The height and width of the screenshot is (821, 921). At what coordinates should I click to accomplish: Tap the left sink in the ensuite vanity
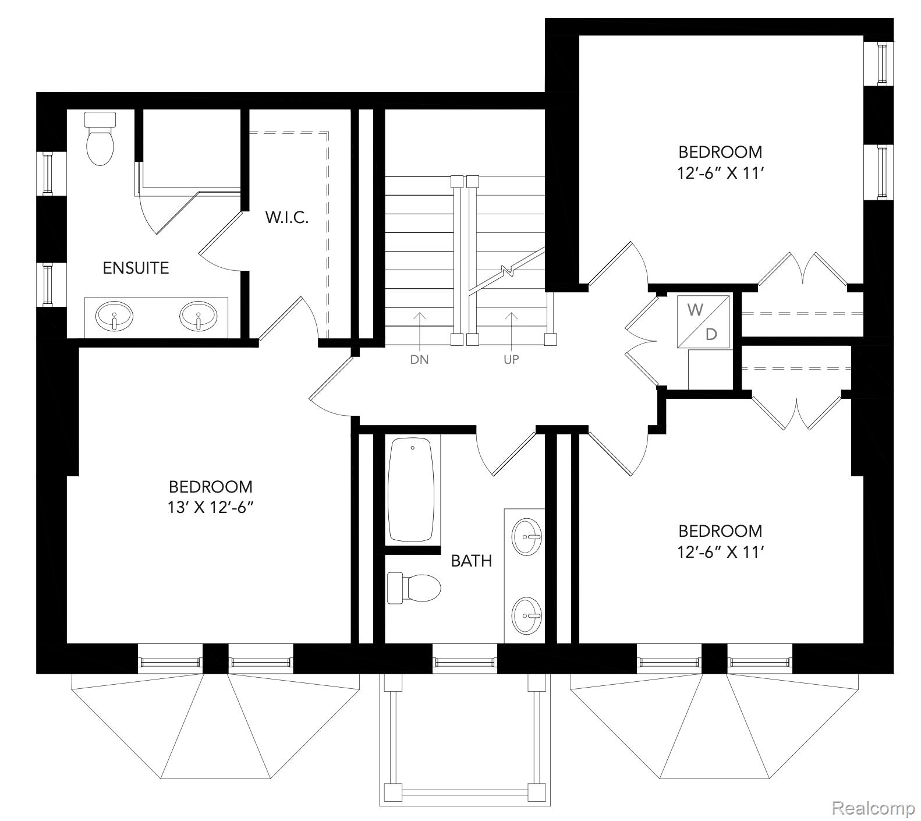114,317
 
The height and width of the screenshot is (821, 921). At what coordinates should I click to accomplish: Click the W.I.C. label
286,218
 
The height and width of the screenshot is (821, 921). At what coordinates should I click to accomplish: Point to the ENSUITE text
136,268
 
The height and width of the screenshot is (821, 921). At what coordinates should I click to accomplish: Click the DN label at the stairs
419,360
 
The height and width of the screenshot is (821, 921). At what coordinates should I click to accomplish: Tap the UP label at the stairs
511,360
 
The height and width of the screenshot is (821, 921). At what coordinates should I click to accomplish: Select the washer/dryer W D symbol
704,322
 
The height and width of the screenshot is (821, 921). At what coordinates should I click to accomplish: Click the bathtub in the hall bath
412,490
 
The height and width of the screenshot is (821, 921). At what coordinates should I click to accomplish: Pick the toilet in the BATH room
414,588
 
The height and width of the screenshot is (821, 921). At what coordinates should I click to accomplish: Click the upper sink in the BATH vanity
527,536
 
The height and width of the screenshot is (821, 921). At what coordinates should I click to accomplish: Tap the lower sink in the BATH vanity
527,615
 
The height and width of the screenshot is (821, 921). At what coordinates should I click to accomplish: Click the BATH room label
472,561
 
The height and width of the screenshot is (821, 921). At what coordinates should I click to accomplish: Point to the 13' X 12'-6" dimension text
211,508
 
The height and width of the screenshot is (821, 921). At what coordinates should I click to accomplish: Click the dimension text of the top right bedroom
720,173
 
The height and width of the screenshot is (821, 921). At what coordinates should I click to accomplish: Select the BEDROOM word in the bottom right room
720,530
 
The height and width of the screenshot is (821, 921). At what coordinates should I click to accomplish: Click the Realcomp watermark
873,808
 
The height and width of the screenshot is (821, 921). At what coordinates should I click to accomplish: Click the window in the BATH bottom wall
465,661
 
